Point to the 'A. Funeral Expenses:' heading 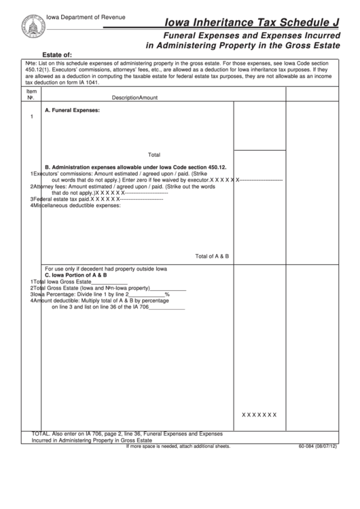click(x=72, y=109)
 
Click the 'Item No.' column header click(x=31, y=94)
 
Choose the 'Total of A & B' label click(x=212, y=256)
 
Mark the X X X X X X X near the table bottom click(x=259, y=415)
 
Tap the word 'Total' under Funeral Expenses click(x=154, y=154)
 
